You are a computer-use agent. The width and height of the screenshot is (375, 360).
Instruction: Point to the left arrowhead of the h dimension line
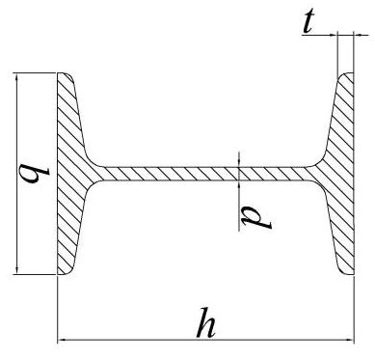click(64, 341)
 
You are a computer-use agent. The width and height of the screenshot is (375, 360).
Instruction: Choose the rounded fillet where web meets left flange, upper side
click(92, 160)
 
